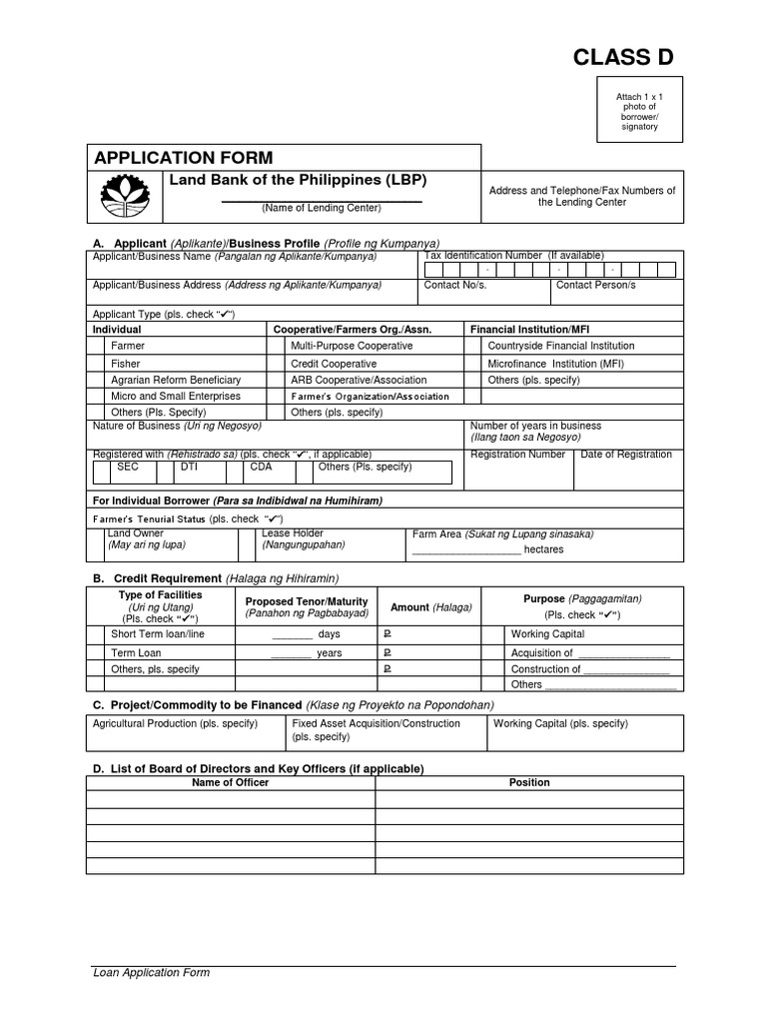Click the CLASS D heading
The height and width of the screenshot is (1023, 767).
pyautogui.click(x=622, y=58)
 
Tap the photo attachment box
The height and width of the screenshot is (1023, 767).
pyautogui.click(x=638, y=111)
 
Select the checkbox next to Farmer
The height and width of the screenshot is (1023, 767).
pyautogui.click(x=96, y=346)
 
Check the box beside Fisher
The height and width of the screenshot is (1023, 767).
pyautogui.click(x=96, y=364)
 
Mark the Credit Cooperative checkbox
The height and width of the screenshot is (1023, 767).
pyautogui.click(x=276, y=364)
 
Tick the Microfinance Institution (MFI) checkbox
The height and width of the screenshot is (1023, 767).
pyautogui.click(x=474, y=364)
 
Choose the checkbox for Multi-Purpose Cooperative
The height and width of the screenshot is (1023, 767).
pyautogui.click(x=276, y=346)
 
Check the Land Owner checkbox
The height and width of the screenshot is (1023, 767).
pyautogui.click(x=96, y=544)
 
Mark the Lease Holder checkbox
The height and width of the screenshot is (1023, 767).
pyautogui.click(x=247, y=544)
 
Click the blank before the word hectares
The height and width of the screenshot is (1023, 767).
pyautogui.click(x=466, y=550)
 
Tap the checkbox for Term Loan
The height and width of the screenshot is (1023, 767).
pyautogui.click(x=96, y=652)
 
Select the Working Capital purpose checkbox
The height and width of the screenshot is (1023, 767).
pyautogui.click(x=491, y=634)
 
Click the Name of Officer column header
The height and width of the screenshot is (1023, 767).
pyautogui.click(x=230, y=782)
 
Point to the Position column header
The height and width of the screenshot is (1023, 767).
pyautogui.click(x=529, y=782)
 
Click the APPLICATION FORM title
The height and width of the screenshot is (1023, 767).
pyautogui.click(x=183, y=158)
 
